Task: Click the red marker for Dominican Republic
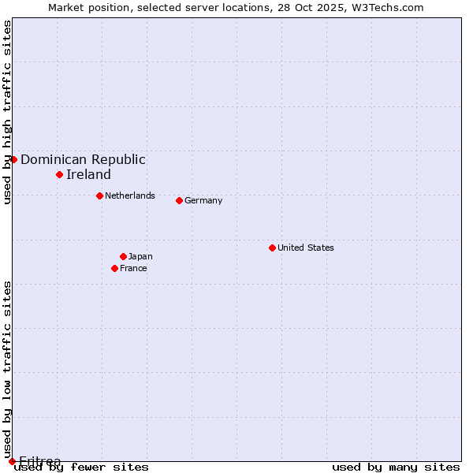13,159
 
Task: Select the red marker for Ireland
59,174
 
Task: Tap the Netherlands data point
99,196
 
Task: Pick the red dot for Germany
179,200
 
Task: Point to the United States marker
272,248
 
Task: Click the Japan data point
123,256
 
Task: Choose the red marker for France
114,268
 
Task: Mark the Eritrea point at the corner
12,461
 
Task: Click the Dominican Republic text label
83,159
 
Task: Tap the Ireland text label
88,174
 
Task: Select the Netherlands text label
130,196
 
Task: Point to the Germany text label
203,200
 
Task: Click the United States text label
306,248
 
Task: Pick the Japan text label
140,256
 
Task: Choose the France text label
133,268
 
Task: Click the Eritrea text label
39,461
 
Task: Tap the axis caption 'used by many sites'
396,467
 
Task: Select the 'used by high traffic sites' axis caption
7,112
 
